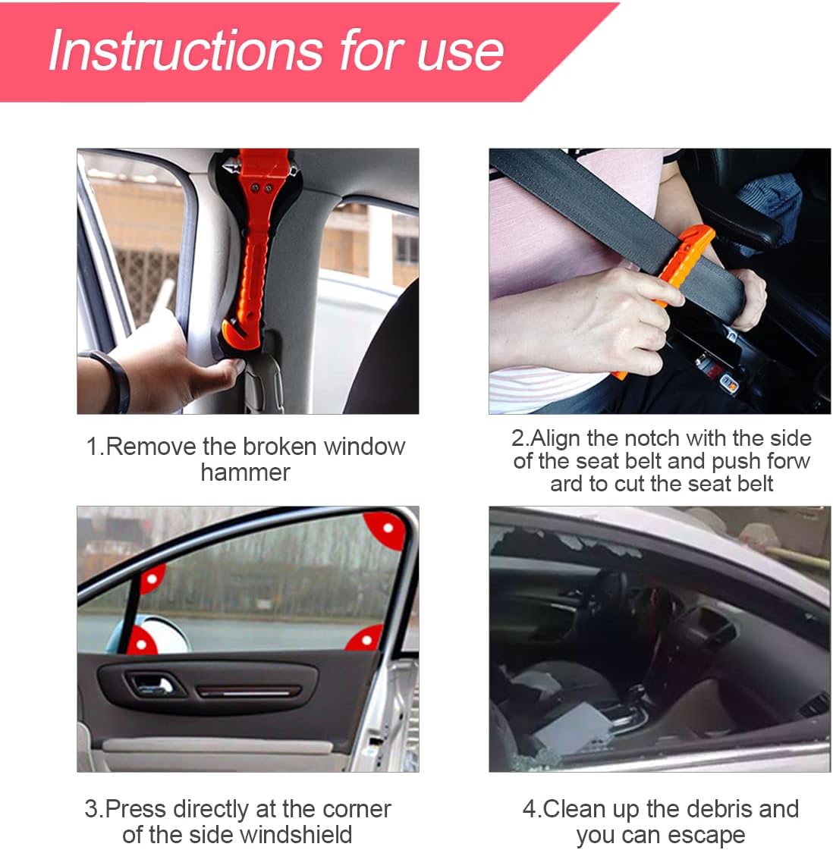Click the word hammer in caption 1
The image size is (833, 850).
[246, 472]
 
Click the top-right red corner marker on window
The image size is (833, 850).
[385, 529]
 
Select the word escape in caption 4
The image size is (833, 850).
[709, 836]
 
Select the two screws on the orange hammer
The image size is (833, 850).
[260, 188]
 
